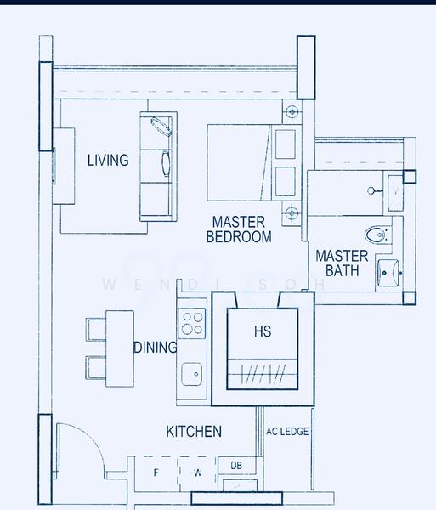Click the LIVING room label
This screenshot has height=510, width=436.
tap(108, 160)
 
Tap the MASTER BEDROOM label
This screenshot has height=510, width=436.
tap(239, 229)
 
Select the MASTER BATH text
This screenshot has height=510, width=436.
tap(342, 263)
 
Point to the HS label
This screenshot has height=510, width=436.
tap(263, 331)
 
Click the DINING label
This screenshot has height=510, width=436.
tap(156, 348)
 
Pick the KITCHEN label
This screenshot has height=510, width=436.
tap(194, 432)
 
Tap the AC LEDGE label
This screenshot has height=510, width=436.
tap(287, 432)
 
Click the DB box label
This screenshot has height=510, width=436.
tap(236, 466)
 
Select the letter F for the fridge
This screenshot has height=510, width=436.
tap(156, 473)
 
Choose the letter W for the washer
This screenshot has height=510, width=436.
tap(198, 473)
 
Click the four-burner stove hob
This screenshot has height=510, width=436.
tap(192, 323)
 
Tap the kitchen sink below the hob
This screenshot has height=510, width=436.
tap(191, 374)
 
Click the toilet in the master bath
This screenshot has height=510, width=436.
tap(378, 235)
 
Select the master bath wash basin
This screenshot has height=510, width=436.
tap(389, 273)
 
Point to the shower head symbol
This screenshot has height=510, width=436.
tap(374, 190)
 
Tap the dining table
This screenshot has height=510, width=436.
tap(120, 348)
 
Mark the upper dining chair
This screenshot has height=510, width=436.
tap(96, 330)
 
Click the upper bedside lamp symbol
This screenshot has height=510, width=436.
tap(292, 111)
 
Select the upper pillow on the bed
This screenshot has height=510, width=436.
tap(286, 144)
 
